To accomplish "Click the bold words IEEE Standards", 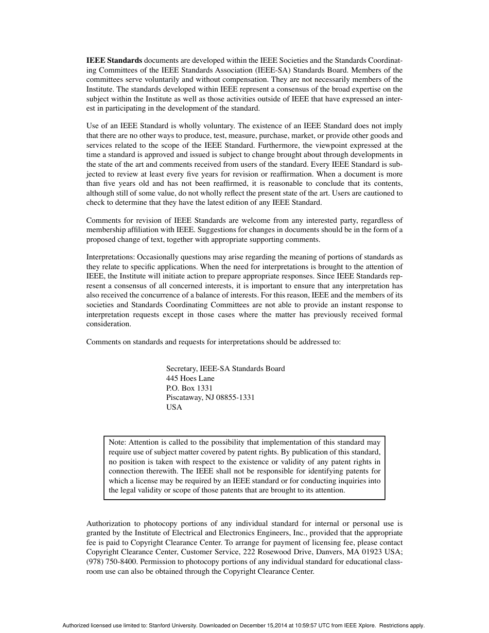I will pyautogui.click(x=114, y=61).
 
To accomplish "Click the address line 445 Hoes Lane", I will pyautogui.click(x=190, y=378).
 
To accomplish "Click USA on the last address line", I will pyautogui.click(x=174, y=407).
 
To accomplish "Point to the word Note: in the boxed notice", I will pyautogui.click(x=117, y=442).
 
